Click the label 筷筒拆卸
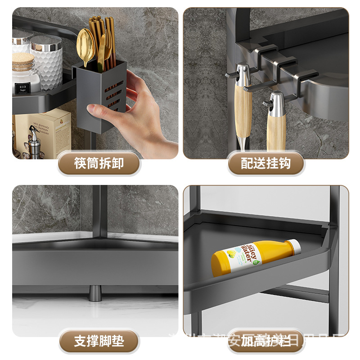(99, 163)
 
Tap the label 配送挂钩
(265, 163)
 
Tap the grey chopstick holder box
(99, 99)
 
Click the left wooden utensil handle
(243, 110)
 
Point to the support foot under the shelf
(95, 293)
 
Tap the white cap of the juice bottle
(293, 246)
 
